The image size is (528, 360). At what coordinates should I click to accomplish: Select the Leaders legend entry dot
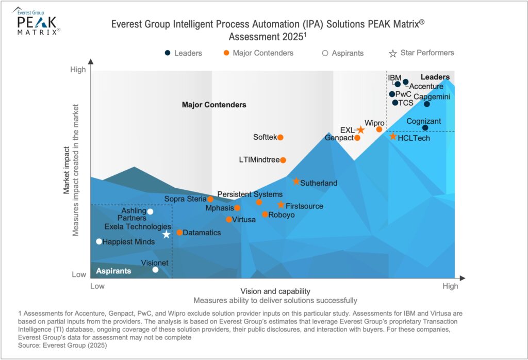(x=168, y=53)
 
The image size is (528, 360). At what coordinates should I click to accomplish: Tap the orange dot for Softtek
(x=280, y=137)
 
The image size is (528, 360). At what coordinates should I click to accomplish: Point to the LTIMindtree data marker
(x=283, y=160)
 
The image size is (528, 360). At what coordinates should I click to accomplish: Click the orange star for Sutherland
(x=296, y=182)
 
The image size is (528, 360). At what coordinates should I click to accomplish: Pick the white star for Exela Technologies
(x=166, y=235)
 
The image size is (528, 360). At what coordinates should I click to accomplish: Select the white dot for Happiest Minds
(x=99, y=241)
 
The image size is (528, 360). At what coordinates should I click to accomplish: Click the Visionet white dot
(x=156, y=270)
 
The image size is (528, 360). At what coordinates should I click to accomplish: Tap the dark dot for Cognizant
(x=425, y=128)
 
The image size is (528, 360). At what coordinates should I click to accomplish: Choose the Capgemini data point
(x=427, y=104)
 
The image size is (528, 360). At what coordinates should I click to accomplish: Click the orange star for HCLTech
(x=393, y=137)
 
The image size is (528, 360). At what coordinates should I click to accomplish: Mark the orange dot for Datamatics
(x=179, y=233)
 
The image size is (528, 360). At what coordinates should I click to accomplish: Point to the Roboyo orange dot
(x=265, y=215)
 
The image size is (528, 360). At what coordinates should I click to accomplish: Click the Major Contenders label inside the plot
(x=214, y=105)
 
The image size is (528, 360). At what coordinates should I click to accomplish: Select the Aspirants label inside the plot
(x=113, y=271)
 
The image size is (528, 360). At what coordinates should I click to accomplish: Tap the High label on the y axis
(x=78, y=70)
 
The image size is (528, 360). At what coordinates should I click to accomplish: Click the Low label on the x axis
(x=97, y=286)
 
